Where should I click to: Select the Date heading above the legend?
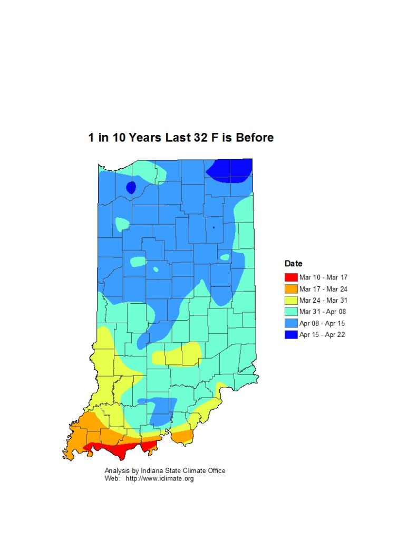point(293,264)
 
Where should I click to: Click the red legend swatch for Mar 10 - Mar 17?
point(290,277)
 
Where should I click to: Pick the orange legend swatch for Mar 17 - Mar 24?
point(290,289)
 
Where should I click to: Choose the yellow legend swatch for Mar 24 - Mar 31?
point(290,301)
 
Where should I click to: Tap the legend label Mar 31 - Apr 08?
point(323,312)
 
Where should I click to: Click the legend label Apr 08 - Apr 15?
point(323,323)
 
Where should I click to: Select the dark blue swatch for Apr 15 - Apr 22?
point(290,335)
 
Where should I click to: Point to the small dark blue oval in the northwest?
point(131,187)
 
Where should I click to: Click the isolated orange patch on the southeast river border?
point(182,436)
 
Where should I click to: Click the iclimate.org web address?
point(159,479)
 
